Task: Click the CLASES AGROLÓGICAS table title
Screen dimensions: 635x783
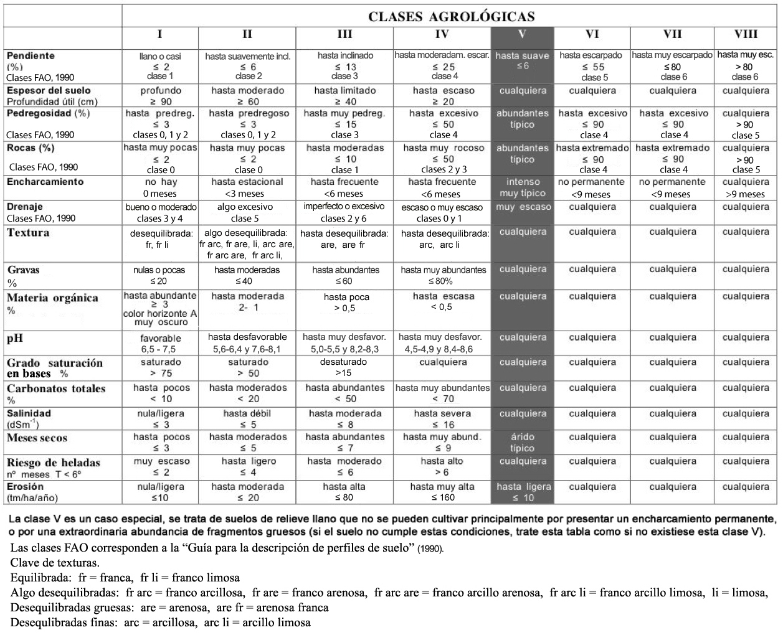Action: (451, 17)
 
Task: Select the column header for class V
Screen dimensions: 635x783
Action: (522, 35)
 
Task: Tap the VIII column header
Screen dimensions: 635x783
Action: (746, 35)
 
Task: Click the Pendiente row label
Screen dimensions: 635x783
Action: (31, 56)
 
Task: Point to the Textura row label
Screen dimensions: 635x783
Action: (28, 233)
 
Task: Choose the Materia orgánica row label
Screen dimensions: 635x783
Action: (52, 298)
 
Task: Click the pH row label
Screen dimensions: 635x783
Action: (15, 339)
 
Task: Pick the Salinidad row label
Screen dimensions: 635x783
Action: (29, 413)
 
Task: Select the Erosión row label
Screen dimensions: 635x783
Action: (26, 487)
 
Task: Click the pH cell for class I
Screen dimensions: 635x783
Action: (160, 344)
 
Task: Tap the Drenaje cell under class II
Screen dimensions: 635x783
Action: (247, 212)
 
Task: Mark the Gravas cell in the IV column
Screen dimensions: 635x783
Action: (443, 275)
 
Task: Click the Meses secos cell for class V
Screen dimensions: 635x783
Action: (522, 443)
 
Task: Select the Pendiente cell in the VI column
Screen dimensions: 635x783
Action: (592, 66)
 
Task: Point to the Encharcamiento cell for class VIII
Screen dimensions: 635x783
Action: (746, 188)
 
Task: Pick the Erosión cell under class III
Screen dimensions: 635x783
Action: (344, 492)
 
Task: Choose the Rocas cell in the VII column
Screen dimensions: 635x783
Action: (673, 158)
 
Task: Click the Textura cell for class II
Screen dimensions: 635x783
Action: (247, 243)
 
